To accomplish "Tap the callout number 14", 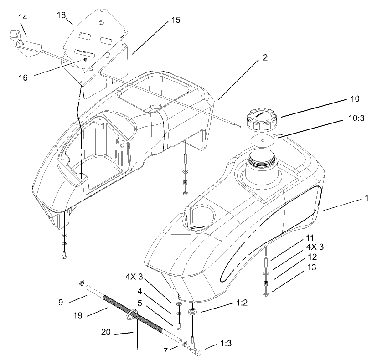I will point(23,17).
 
